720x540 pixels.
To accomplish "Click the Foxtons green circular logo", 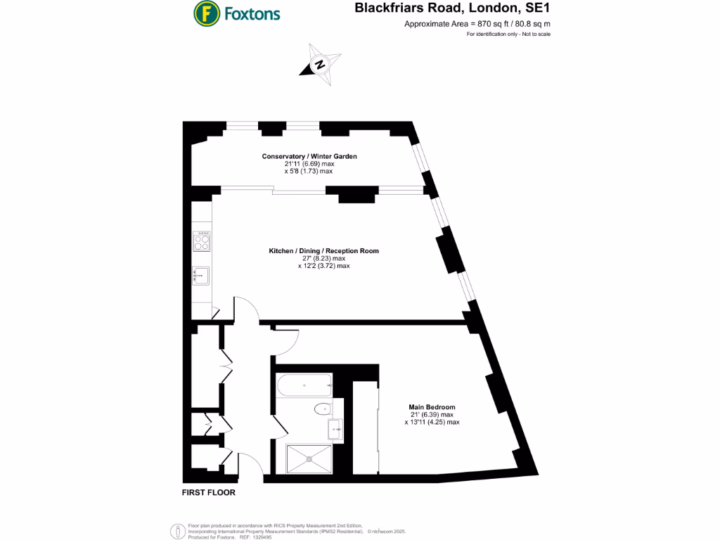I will point(206,13).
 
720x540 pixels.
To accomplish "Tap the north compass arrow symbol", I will point(319,65).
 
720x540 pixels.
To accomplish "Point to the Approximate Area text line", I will point(477,24).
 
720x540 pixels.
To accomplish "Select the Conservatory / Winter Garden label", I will point(309,156).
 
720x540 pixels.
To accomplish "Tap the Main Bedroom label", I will point(432,407).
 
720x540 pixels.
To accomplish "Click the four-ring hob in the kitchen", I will point(202,242).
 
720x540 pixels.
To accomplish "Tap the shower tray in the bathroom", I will point(307,458).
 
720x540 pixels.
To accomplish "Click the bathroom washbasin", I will point(335,426).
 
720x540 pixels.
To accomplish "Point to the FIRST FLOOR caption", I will point(209,493).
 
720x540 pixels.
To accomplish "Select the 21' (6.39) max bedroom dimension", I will point(432,415).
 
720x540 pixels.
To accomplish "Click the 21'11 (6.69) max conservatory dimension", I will point(309,164).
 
